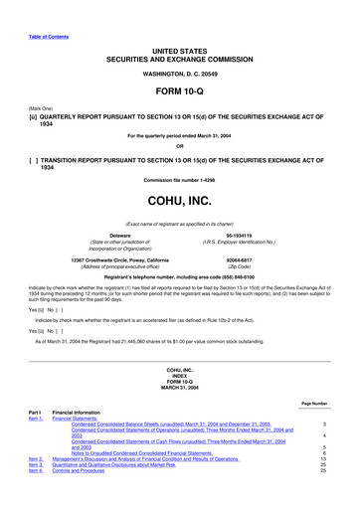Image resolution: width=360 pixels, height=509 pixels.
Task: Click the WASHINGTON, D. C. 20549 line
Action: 179,74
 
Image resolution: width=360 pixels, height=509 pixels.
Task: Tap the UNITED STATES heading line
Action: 179,48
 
